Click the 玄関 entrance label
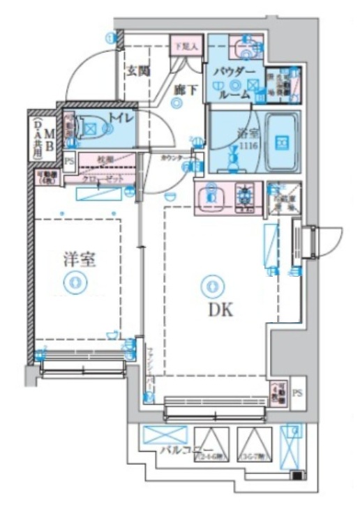pyautogui.click(x=138, y=70)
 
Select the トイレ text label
pyautogui.click(x=123, y=119)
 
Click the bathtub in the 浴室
pyautogui.click(x=282, y=142)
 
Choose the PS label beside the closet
pyautogui.click(x=68, y=161)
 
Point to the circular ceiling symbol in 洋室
pyautogui.click(x=73, y=282)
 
